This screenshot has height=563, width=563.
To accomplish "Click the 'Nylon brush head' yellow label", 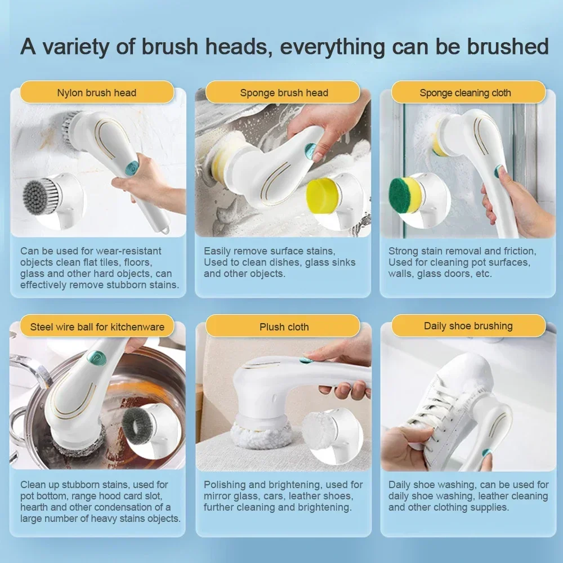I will pyautogui.click(x=97, y=92).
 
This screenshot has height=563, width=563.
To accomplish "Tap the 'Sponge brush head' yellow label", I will pyautogui.click(x=284, y=92).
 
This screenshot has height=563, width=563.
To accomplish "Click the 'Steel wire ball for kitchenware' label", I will pyautogui.click(x=97, y=327).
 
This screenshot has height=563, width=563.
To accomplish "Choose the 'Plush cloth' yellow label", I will pyautogui.click(x=284, y=327).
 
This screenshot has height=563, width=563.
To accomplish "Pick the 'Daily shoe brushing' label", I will pyautogui.click(x=468, y=326).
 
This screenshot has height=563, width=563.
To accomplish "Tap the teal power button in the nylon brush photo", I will pyautogui.click(x=131, y=167).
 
